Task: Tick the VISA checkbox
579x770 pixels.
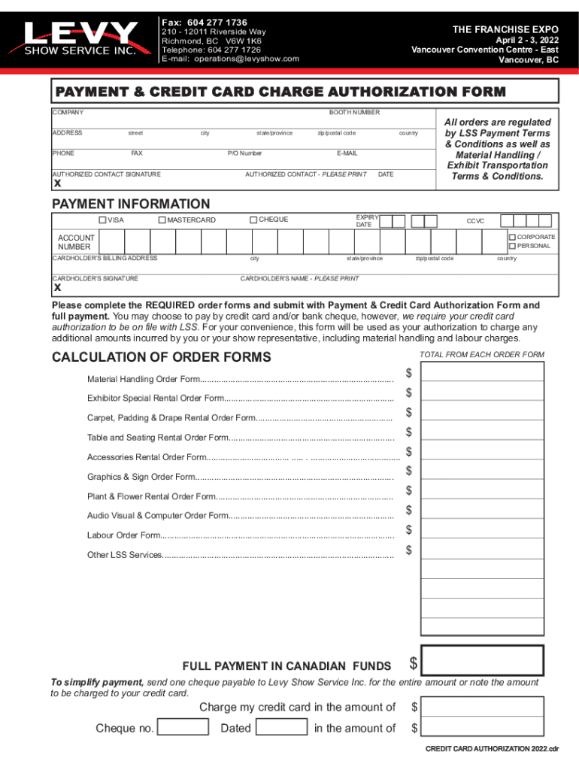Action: click(103, 220)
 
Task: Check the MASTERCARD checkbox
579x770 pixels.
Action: click(162, 220)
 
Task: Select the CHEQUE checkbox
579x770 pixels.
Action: click(253, 220)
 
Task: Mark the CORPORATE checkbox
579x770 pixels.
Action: click(512, 237)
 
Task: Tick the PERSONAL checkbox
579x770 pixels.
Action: click(512, 246)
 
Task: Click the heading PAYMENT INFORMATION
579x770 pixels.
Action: click(131, 204)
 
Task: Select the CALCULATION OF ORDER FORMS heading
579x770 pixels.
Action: click(161, 357)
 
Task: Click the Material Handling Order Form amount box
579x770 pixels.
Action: click(482, 372)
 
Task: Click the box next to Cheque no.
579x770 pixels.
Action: click(183, 727)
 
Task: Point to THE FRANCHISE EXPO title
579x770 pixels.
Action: click(505, 29)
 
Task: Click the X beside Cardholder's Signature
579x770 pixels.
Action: click(57, 288)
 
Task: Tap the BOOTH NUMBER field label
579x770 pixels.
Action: click(354, 112)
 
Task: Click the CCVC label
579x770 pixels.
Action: click(475, 221)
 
